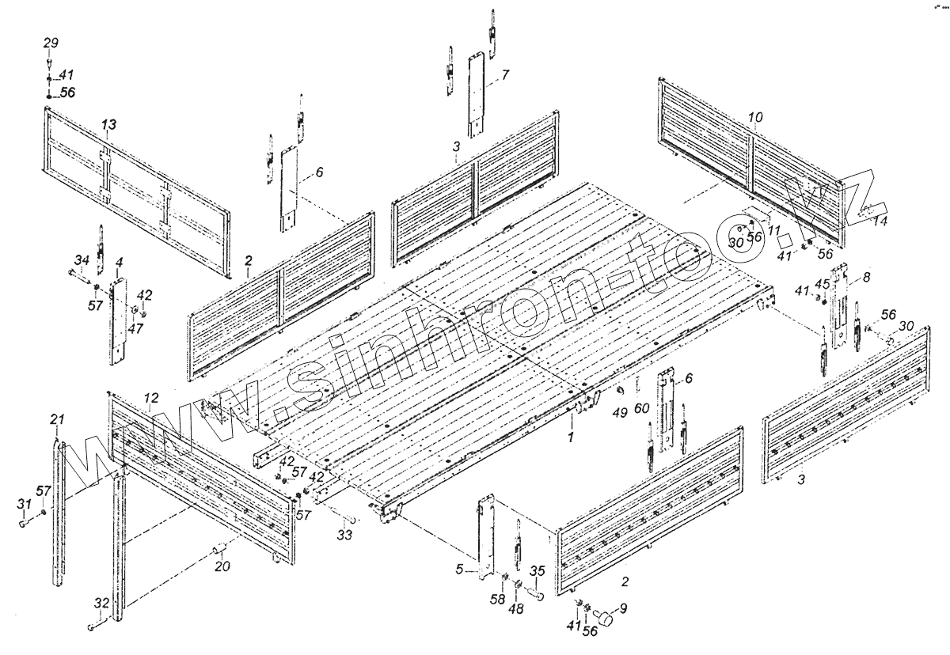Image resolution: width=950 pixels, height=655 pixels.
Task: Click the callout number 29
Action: (x=51, y=42)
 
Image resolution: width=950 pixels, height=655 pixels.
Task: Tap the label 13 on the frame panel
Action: (x=109, y=124)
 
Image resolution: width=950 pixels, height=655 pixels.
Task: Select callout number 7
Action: (x=505, y=74)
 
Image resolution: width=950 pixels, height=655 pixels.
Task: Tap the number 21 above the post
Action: (x=56, y=418)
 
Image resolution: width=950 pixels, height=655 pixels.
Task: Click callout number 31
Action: (x=24, y=505)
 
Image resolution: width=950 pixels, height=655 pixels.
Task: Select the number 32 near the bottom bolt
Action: (x=101, y=603)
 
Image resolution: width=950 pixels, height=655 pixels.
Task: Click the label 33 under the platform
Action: (x=344, y=536)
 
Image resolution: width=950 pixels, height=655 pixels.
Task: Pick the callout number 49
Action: (x=620, y=411)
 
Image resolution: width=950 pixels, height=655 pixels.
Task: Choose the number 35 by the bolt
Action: (x=537, y=571)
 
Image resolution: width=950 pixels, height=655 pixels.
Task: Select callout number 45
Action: (x=823, y=285)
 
